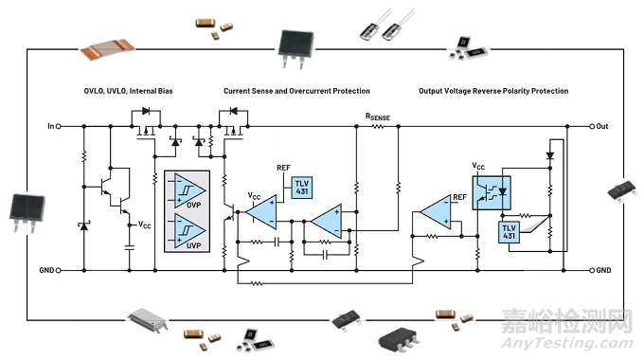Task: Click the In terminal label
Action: [x=50, y=126]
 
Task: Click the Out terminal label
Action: [x=602, y=126]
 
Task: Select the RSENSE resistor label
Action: [x=378, y=117]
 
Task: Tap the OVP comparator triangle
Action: [x=189, y=191]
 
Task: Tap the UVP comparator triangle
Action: [x=189, y=231]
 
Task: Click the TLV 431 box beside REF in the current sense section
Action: [x=302, y=188]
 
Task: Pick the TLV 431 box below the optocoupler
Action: [x=509, y=232]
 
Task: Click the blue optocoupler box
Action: [x=492, y=192]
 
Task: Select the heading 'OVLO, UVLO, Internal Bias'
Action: [x=128, y=91]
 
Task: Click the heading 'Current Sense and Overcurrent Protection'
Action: [x=296, y=91]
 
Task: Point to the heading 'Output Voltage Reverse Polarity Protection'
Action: [x=493, y=91]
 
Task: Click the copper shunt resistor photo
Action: [x=107, y=49]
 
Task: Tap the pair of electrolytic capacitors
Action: [x=386, y=26]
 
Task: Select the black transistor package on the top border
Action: [x=295, y=48]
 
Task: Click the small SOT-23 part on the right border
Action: [x=622, y=190]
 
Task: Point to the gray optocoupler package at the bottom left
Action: [x=148, y=319]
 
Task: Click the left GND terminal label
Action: [x=46, y=270]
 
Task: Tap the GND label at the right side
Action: [x=603, y=270]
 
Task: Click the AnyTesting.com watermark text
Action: [x=567, y=343]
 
